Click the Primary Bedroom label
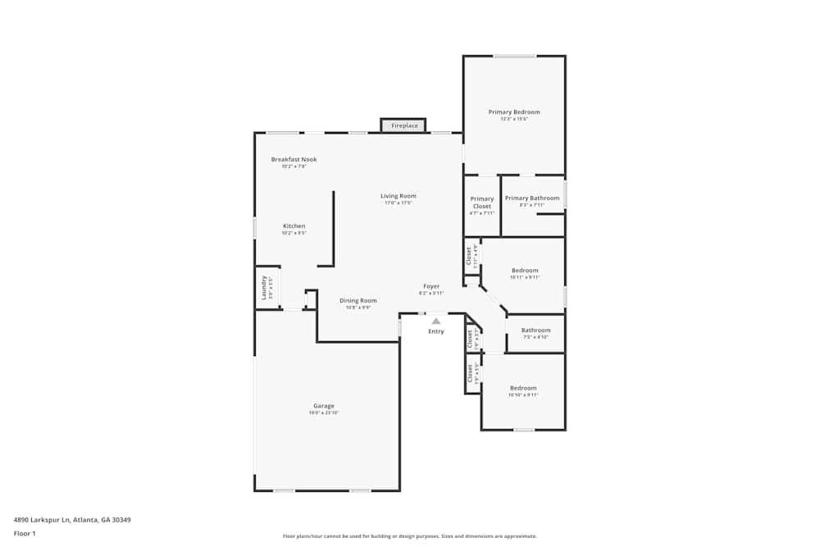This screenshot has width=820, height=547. pyautogui.click(x=514, y=112)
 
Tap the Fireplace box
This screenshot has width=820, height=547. pyautogui.click(x=403, y=125)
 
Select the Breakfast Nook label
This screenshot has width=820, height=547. pyautogui.click(x=294, y=159)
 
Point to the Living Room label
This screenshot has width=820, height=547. pyautogui.click(x=398, y=196)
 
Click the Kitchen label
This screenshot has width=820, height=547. pyautogui.click(x=294, y=226)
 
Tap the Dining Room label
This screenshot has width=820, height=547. pyautogui.click(x=358, y=300)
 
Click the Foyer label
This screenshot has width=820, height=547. pyautogui.click(x=431, y=286)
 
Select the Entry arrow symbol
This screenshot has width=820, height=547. pyautogui.click(x=436, y=321)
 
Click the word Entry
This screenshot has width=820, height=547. pyautogui.click(x=436, y=331)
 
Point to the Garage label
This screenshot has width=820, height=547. pyautogui.click(x=323, y=406)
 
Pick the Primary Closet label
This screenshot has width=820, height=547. pyautogui.click(x=482, y=203)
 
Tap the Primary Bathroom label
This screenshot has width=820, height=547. pyautogui.click(x=532, y=198)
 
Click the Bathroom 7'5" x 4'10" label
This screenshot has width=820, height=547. pyautogui.click(x=536, y=330)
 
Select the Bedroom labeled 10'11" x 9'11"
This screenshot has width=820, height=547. pyautogui.click(x=525, y=271)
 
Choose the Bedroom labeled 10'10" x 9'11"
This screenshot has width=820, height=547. pyautogui.click(x=523, y=388)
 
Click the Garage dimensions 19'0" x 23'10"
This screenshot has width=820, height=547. pyautogui.click(x=323, y=413)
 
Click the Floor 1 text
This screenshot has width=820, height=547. pyautogui.click(x=25, y=533)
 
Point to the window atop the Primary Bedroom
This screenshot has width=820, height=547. pyautogui.click(x=514, y=56)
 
